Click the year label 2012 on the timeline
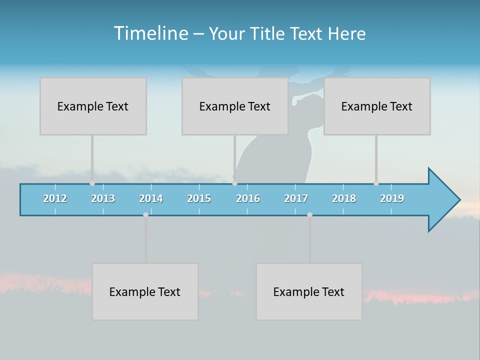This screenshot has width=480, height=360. click(55, 198)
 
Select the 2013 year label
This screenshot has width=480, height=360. click(103, 198)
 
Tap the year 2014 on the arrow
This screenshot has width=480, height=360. click(151, 198)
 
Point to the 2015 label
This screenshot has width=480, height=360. click(199, 198)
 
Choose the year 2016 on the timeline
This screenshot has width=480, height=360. click(248, 198)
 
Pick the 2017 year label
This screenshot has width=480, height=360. click(296, 198)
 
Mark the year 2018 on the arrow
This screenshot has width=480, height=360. click(344, 198)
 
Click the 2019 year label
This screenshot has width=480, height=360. click(392, 198)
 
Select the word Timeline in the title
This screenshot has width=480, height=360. click(150, 33)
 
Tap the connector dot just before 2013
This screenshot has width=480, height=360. click(92, 183)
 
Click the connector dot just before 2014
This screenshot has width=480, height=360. click(145, 214)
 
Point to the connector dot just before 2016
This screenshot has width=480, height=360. click(235, 183)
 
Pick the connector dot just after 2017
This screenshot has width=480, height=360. click(309, 214)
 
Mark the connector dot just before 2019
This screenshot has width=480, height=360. click(376, 183)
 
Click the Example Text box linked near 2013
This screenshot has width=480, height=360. click(93, 106)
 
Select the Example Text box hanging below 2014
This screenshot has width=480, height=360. click(145, 291)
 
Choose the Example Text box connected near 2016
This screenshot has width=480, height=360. click(235, 106)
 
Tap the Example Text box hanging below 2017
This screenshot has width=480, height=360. click(309, 291)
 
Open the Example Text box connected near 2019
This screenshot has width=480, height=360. click(377, 106)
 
